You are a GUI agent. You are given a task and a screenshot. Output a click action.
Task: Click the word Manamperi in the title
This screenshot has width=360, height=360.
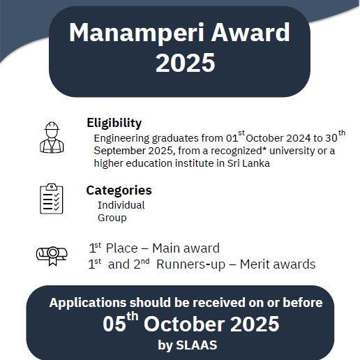click(137, 33)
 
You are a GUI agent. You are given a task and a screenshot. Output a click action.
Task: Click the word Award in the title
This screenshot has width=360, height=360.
click(250, 32)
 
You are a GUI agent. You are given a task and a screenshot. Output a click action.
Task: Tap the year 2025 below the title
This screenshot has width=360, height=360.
click(186, 63)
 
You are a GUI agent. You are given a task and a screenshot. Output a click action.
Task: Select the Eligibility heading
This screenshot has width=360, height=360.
click(114, 123)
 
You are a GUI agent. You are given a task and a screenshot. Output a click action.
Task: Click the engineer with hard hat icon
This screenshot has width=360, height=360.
click(52, 137)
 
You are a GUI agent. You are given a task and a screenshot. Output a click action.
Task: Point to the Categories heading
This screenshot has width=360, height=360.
click(119, 190)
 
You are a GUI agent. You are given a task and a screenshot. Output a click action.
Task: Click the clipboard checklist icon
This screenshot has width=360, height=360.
click(52, 199)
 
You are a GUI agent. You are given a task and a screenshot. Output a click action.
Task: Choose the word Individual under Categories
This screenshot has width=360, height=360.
click(121, 205)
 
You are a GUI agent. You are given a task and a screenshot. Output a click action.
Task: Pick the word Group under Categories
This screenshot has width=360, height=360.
click(112, 218)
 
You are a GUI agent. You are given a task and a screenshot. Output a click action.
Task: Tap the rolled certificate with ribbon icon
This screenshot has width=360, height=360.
click(52, 256)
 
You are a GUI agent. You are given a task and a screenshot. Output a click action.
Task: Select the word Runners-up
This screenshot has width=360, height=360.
click(190, 264)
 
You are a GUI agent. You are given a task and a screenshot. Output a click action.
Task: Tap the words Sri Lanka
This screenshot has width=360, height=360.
click(248, 163)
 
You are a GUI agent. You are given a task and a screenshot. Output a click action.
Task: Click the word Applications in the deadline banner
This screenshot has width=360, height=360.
click(88, 303)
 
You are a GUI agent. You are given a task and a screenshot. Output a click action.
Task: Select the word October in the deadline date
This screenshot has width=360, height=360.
click(185, 324)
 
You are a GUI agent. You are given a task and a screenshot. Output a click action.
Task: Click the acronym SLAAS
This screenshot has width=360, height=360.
click(197, 345)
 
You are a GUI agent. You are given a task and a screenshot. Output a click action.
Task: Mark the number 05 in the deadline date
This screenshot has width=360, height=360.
click(114, 324)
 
